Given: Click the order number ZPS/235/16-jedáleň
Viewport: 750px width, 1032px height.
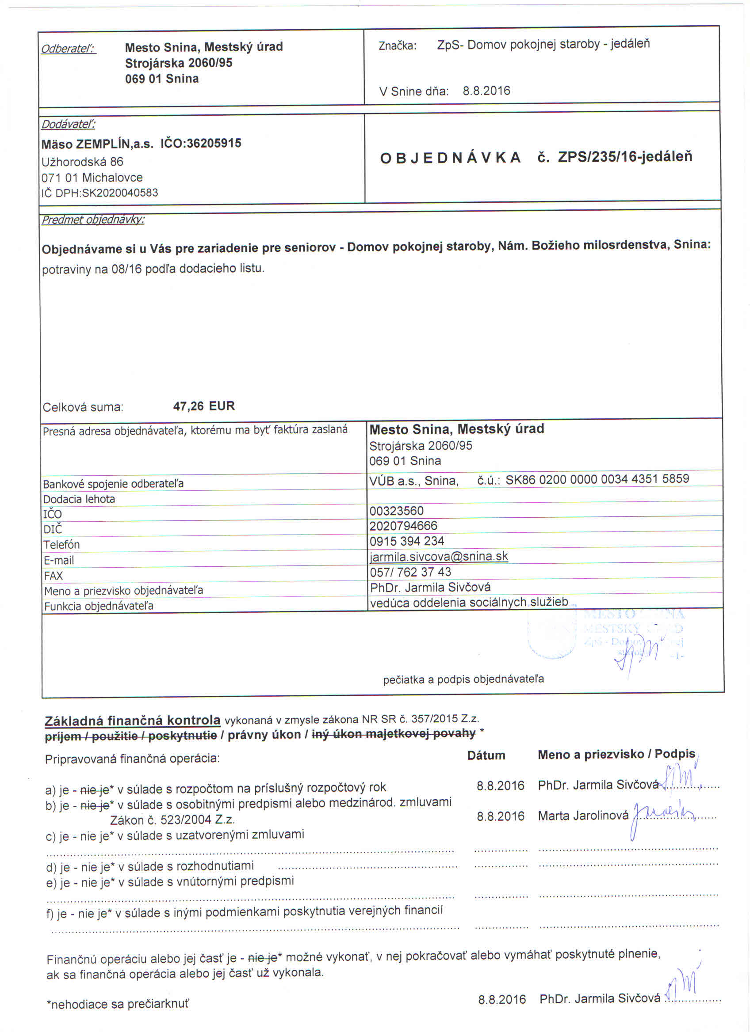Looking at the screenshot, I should click(x=625, y=156).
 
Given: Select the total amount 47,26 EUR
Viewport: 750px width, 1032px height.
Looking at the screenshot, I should click(x=203, y=406).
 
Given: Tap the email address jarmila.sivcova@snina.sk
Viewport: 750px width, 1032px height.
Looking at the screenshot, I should click(x=439, y=557).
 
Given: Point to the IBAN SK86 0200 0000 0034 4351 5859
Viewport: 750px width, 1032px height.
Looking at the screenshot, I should click(x=597, y=479).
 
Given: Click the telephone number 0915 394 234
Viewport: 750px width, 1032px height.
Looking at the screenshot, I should click(x=407, y=541).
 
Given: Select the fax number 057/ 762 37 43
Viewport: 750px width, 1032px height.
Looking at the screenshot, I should click(x=410, y=572).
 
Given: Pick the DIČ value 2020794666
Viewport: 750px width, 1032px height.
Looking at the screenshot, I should click(x=403, y=526).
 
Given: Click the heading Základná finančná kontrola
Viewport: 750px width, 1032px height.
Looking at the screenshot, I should click(x=133, y=720).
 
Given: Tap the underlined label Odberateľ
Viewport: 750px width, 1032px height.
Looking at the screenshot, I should click(x=68, y=49).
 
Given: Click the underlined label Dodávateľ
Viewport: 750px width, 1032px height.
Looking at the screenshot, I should click(x=68, y=124).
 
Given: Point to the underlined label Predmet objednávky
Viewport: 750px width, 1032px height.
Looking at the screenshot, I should click(x=93, y=220).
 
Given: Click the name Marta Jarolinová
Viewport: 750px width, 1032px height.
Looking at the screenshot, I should click(x=583, y=816).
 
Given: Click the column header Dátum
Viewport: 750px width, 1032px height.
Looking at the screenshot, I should click(x=486, y=755).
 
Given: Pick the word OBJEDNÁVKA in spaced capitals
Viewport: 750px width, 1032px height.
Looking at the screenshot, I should click(x=450, y=158).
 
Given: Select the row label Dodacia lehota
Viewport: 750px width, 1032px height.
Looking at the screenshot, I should click(x=79, y=499).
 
